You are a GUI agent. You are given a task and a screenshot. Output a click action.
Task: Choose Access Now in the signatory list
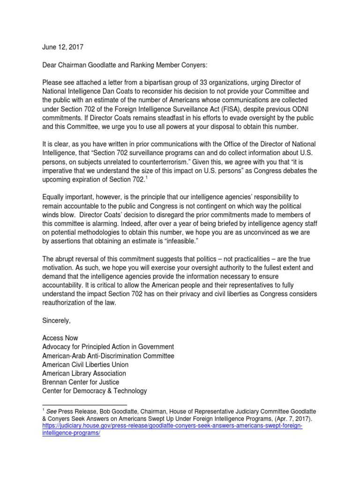(60, 338)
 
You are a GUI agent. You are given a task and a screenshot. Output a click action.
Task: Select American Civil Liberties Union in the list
(85, 365)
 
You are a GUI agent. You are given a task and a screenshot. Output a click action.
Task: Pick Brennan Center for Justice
(80, 382)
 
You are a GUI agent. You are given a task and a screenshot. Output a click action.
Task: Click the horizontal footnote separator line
(84, 404)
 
